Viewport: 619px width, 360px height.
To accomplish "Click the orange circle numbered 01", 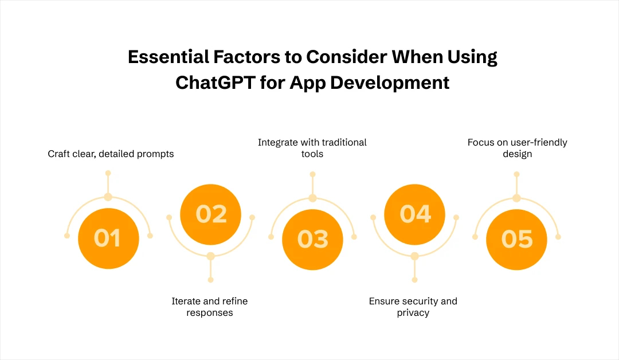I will (108, 238).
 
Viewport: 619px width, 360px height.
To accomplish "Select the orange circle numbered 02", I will (211, 214).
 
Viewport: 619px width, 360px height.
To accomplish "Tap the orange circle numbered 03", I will (312, 238).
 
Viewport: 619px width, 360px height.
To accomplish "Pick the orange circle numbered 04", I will (414, 214).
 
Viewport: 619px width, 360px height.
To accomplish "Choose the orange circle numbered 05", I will (516, 238).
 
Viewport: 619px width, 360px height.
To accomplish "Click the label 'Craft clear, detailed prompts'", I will (111, 154).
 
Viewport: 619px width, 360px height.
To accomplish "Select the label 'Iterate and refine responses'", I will (210, 307).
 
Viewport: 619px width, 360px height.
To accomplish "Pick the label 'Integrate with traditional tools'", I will (312, 147).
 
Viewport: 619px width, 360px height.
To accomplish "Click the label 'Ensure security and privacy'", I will (413, 307).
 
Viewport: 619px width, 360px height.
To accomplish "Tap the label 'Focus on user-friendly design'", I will (517, 148).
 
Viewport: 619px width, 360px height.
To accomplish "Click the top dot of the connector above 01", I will (108, 173).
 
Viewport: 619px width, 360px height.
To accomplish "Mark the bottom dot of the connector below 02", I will (211, 280).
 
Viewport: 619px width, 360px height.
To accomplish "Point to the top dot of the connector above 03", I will (312, 173).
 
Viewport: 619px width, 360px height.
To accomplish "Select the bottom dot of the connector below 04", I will (414, 280).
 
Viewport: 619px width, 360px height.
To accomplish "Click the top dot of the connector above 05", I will (516, 173).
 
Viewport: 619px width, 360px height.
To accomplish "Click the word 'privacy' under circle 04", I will (413, 313).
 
